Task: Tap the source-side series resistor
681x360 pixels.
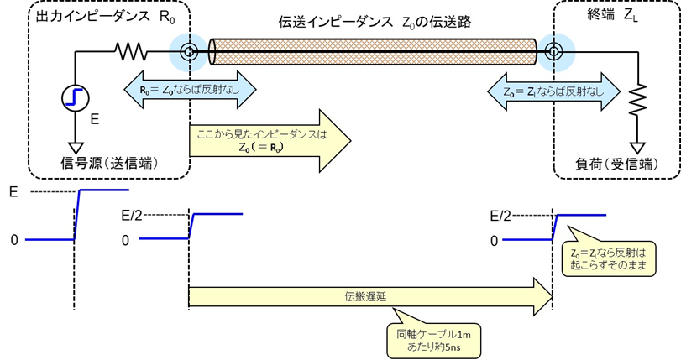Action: click(131, 53)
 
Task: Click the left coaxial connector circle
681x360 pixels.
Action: click(189, 53)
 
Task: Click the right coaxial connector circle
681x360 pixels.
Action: click(553, 53)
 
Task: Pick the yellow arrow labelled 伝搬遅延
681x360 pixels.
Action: click(369, 296)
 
